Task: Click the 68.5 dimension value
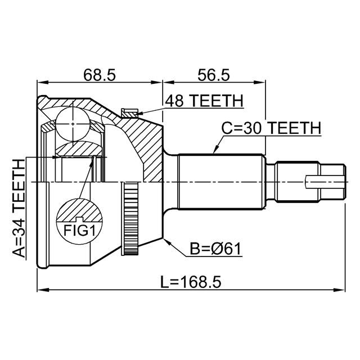100,75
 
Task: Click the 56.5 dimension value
214,75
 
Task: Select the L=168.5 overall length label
191,282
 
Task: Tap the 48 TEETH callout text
204,101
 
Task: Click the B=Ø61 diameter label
216,249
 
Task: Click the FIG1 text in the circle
79,231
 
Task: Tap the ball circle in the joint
73,124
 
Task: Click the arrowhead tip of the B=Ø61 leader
164,238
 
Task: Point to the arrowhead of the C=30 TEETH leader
214,152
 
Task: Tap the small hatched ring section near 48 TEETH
130,112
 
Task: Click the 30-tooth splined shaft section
220,182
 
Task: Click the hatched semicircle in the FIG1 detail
79,210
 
